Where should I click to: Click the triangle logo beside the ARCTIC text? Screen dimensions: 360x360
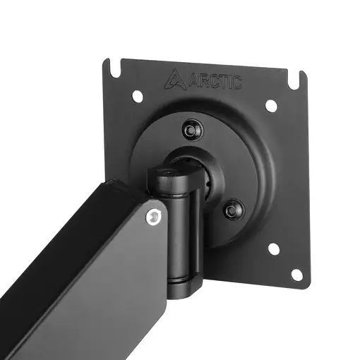174,79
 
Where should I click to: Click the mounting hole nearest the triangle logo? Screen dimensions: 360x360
137,95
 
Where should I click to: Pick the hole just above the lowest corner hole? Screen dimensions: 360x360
273,248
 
